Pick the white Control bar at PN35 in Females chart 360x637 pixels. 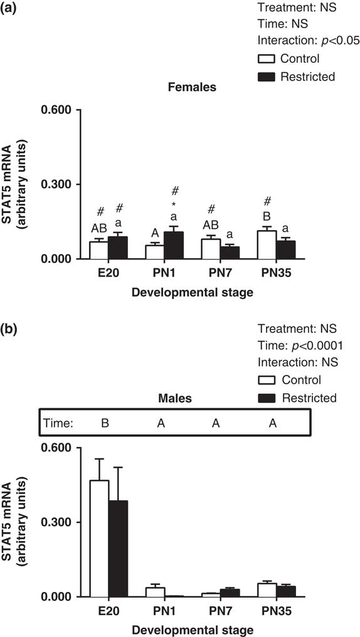click(267, 245)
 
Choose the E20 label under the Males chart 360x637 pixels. click(109, 610)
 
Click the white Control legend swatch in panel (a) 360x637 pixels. click(267, 59)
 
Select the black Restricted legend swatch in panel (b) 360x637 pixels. click(267, 397)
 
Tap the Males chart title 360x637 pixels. click(175, 399)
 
